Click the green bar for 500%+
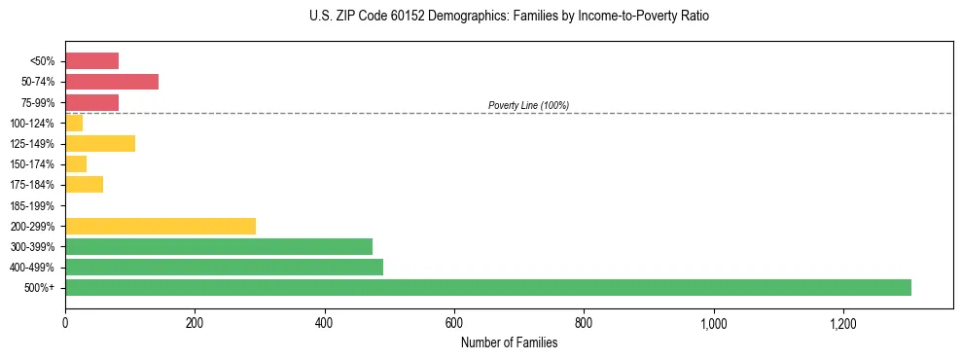(x=487, y=287)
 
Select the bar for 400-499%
(x=224, y=267)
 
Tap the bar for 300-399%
(x=219, y=246)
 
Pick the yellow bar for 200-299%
(x=160, y=226)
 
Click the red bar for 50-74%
(x=112, y=82)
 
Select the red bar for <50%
(x=91, y=61)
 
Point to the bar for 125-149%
(x=100, y=143)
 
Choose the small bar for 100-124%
(x=74, y=123)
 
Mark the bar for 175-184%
(x=84, y=185)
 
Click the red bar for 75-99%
(x=91, y=102)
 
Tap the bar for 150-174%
(x=76, y=163)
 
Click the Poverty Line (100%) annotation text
(x=528, y=105)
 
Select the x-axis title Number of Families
(x=509, y=342)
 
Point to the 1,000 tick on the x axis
(x=713, y=323)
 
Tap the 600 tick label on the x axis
(x=454, y=323)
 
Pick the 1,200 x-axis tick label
(x=842, y=323)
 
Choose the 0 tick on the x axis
(x=65, y=323)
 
